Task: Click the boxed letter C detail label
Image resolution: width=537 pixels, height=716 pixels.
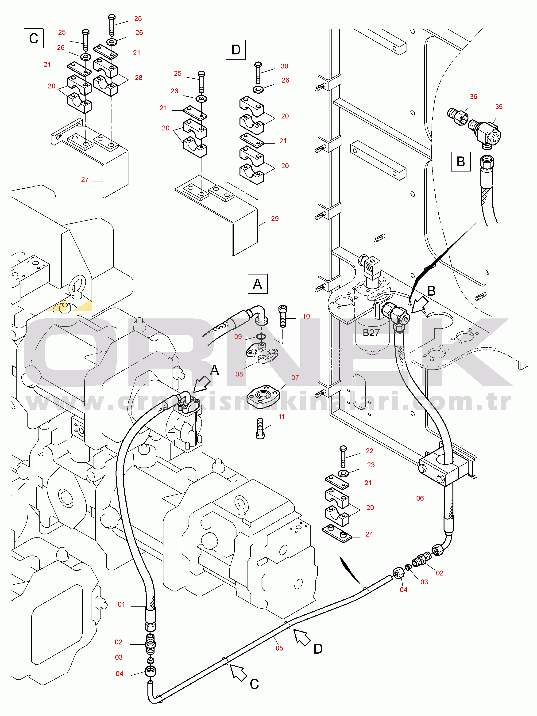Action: point(34,38)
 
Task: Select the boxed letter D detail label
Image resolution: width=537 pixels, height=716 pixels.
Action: point(236,50)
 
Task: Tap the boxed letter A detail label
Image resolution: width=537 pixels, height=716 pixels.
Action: point(258,284)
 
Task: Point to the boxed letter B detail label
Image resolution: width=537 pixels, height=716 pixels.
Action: point(460,161)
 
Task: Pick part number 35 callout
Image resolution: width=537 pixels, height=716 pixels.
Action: point(498,107)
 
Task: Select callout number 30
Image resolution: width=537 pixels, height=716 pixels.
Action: point(284,66)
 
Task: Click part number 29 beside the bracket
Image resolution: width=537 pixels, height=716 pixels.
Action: point(275,218)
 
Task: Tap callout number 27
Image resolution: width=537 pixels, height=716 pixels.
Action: point(85,179)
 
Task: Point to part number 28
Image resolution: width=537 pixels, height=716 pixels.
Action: point(139,78)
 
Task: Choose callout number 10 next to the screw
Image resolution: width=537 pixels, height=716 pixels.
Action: point(306,316)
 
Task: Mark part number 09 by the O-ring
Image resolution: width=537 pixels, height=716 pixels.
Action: point(238,337)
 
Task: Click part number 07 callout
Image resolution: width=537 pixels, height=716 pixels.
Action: point(295,377)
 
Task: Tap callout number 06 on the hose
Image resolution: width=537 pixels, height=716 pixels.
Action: point(420,498)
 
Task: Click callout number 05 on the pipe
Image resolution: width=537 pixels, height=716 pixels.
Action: point(279,648)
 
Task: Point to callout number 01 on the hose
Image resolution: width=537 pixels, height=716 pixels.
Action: point(121,604)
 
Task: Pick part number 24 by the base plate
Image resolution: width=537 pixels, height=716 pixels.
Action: point(369,534)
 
